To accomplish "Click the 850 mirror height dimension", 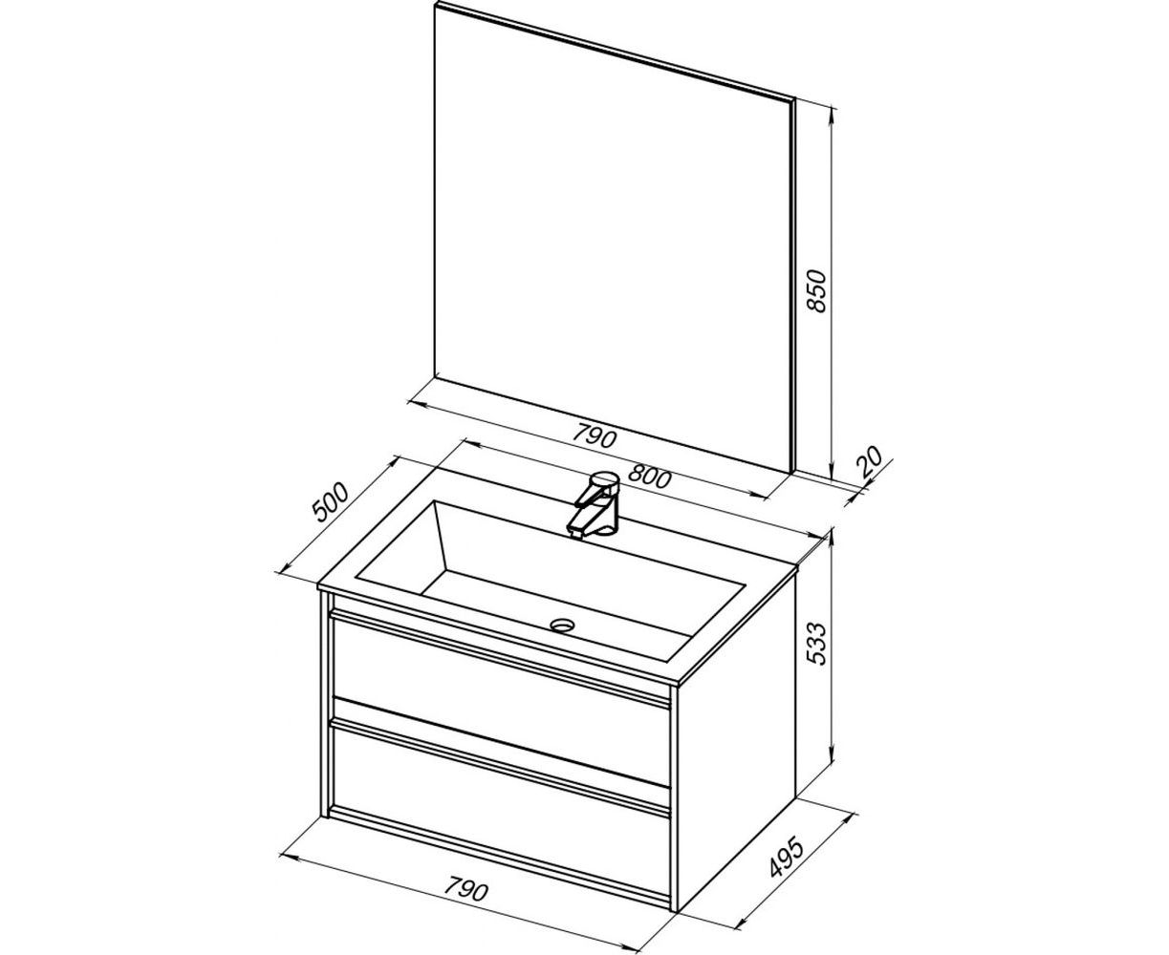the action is [816, 292].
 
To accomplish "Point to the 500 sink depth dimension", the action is [331, 503].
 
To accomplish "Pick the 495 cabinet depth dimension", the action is [786, 858].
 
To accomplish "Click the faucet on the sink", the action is [595, 504].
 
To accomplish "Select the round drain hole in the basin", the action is [564, 625].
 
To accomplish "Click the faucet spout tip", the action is [574, 532].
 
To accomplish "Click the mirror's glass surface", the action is [613, 238].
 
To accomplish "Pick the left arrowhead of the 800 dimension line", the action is [469, 442].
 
